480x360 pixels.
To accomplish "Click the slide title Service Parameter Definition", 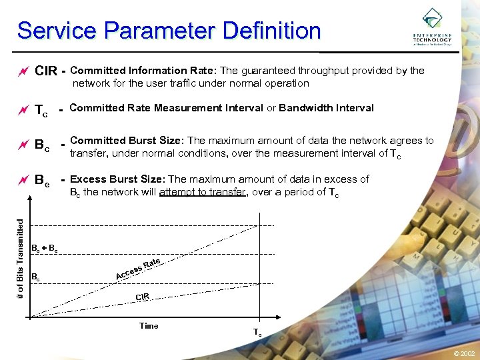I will coord(169,31).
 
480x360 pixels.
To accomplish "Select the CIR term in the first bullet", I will coord(46,71).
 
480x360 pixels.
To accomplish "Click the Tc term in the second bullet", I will coord(41,110).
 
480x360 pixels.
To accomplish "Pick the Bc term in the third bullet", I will coord(41,143).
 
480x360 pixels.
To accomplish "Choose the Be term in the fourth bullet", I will coord(41,179).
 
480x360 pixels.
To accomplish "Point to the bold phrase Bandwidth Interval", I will coord(326,107).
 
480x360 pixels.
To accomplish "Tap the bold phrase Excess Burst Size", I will coord(117,179).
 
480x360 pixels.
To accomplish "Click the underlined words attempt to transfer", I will coord(203,193).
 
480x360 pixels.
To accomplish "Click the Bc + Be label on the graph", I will coord(45,248).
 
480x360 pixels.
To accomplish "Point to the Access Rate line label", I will coord(139,269).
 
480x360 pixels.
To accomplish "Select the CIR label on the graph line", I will coord(142,297).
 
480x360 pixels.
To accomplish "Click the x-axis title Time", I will coord(149,326).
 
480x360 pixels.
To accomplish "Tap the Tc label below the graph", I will coord(257,333).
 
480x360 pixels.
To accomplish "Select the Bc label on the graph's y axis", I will coord(36,275).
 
